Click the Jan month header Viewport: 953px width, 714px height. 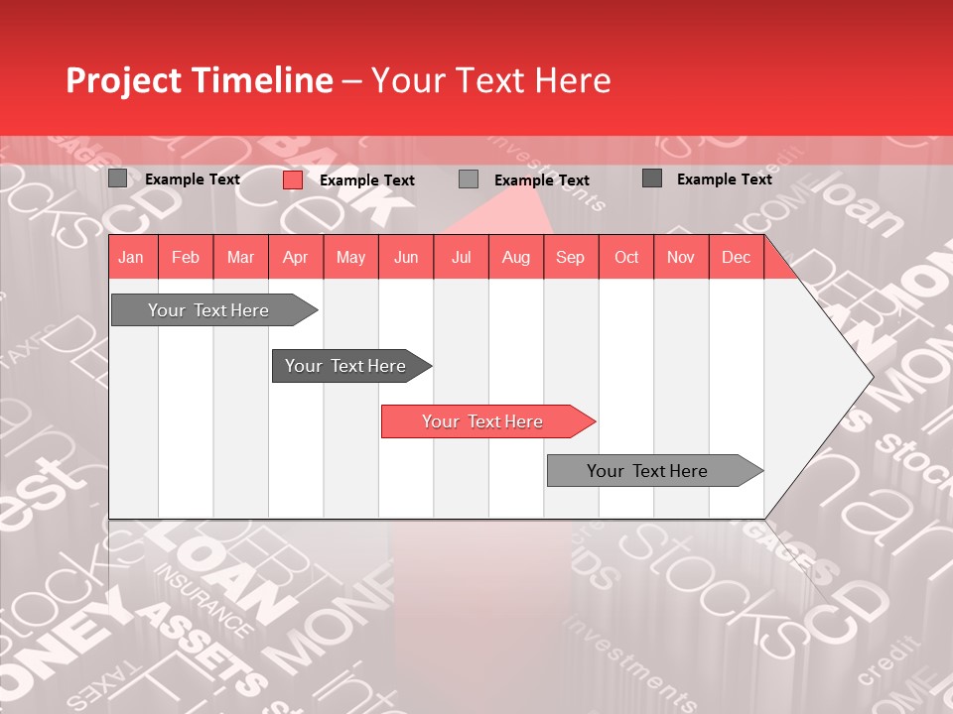click(131, 257)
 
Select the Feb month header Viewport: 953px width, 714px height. click(186, 257)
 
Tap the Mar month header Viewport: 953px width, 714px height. click(240, 257)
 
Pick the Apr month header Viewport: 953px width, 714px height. click(296, 257)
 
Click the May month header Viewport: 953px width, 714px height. click(350, 257)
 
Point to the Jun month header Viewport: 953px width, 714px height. click(406, 257)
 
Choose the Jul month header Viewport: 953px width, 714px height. click(461, 257)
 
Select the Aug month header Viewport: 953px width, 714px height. click(516, 257)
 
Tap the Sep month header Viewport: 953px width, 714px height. click(571, 257)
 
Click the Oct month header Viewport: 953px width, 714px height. click(626, 257)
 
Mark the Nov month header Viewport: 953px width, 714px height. click(681, 257)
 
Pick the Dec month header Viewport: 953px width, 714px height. click(737, 257)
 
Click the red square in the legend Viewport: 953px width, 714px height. click(292, 179)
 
